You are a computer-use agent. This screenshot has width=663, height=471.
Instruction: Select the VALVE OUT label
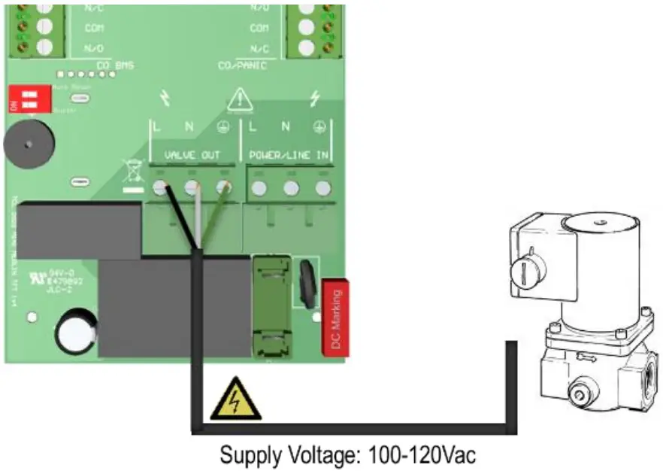tap(192, 155)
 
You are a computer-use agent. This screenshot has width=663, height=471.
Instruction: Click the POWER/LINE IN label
tap(289, 155)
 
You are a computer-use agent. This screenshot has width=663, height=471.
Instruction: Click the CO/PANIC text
tap(242, 66)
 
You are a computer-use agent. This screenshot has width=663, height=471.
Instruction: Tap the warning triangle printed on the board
tap(240, 99)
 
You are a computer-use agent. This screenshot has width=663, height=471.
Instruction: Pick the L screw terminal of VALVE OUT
tap(160, 187)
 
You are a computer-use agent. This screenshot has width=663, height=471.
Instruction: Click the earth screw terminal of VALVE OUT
tap(223, 187)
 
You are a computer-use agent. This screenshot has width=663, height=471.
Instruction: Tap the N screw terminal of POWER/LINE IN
tap(290, 187)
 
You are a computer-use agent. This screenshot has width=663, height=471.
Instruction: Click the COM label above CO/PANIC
tap(259, 28)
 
